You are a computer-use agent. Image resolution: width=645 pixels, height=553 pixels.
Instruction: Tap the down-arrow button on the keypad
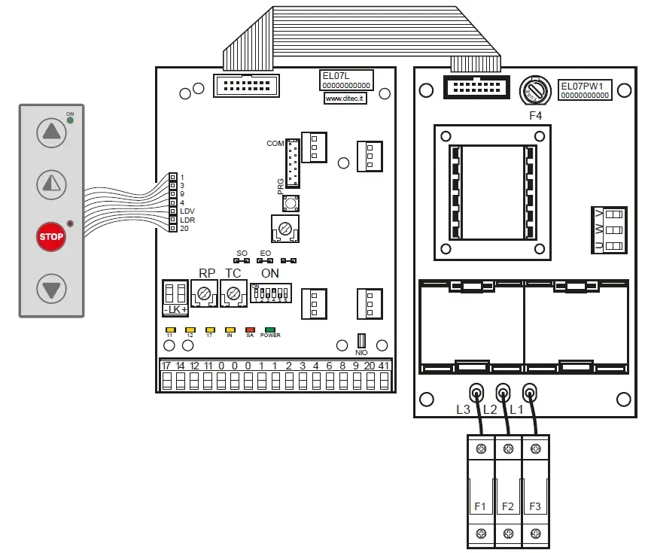tap(51, 289)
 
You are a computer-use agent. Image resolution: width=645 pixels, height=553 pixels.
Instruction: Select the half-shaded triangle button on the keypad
tap(51, 184)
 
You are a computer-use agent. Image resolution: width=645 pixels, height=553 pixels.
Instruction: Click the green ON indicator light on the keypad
tap(70, 120)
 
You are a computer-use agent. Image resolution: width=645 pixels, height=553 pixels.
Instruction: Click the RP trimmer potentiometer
tap(205, 293)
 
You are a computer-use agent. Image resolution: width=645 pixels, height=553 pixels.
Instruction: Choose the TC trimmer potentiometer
tap(233, 293)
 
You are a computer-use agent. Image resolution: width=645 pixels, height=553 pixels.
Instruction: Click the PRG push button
tap(289, 202)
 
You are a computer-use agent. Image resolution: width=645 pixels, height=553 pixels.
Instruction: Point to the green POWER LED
tap(269, 330)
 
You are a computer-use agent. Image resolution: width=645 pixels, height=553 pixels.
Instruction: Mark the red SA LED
tap(250, 330)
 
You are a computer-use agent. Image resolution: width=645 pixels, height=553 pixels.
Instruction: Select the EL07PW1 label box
tap(585, 90)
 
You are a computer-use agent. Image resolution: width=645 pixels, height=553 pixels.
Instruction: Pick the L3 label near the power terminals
tap(463, 409)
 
